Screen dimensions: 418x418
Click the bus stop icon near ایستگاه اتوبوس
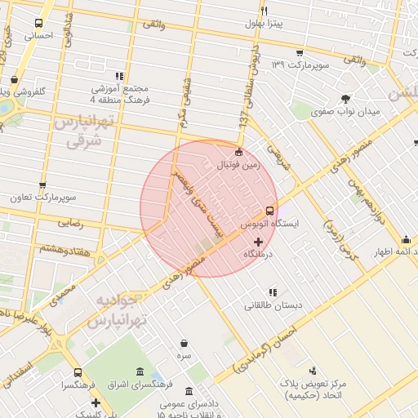(x=270, y=211)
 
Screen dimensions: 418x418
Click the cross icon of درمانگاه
(x=259, y=242)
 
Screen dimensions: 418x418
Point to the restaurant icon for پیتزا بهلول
(x=264, y=11)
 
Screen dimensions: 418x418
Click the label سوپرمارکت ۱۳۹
(x=300, y=64)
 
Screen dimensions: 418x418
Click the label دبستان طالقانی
(x=273, y=305)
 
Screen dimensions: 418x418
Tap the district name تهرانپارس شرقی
(x=80, y=131)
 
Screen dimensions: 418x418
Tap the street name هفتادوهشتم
(x=41, y=249)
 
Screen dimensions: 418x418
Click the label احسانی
(x=38, y=36)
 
